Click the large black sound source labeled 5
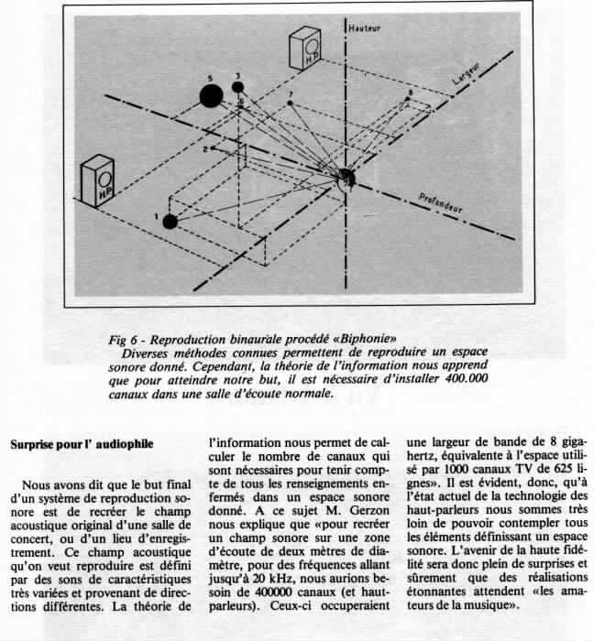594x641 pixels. [211, 96]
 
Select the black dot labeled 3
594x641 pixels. [237, 87]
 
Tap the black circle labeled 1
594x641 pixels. [170, 222]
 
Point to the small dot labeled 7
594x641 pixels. [290, 103]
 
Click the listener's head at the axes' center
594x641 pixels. [346, 179]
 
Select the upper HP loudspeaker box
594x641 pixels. [305, 49]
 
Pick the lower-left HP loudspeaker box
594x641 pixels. [98, 180]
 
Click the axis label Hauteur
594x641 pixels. [365, 28]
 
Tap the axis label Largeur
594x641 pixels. [467, 73]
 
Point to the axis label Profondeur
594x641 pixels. [440, 203]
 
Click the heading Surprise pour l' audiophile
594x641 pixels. [82, 444]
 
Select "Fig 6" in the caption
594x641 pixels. [123, 340]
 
